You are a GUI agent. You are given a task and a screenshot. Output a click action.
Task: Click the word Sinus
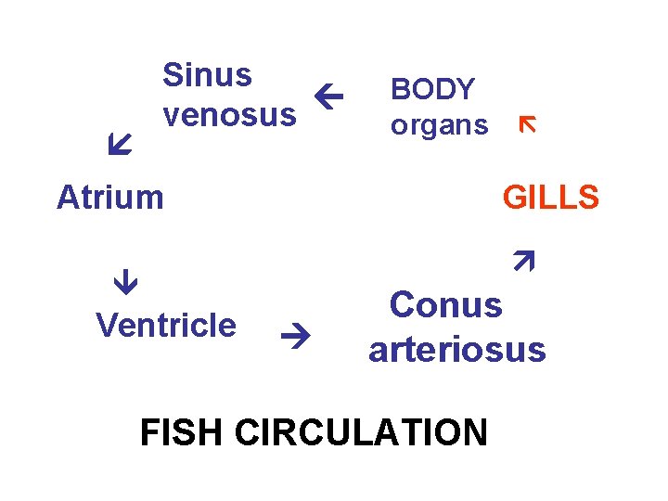[207, 75]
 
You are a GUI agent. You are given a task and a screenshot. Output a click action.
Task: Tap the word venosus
[229, 115]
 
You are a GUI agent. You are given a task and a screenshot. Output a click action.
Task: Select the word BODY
[432, 89]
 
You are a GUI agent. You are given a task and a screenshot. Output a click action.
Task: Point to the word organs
[439, 125]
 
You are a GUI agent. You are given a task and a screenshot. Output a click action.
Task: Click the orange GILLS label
[550, 198]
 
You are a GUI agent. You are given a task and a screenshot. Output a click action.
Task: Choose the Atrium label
[109, 198]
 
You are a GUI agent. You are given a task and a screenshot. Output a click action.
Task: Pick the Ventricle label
[166, 326]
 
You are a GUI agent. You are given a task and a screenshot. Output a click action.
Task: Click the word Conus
[445, 305]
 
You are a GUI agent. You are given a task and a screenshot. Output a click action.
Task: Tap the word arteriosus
[456, 350]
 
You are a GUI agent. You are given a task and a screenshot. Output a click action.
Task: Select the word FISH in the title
[182, 432]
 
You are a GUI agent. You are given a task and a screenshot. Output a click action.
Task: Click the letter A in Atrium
[68, 198]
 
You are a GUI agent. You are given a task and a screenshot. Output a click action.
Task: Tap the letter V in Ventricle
[106, 326]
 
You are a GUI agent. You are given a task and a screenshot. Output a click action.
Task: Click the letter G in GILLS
[515, 198]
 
